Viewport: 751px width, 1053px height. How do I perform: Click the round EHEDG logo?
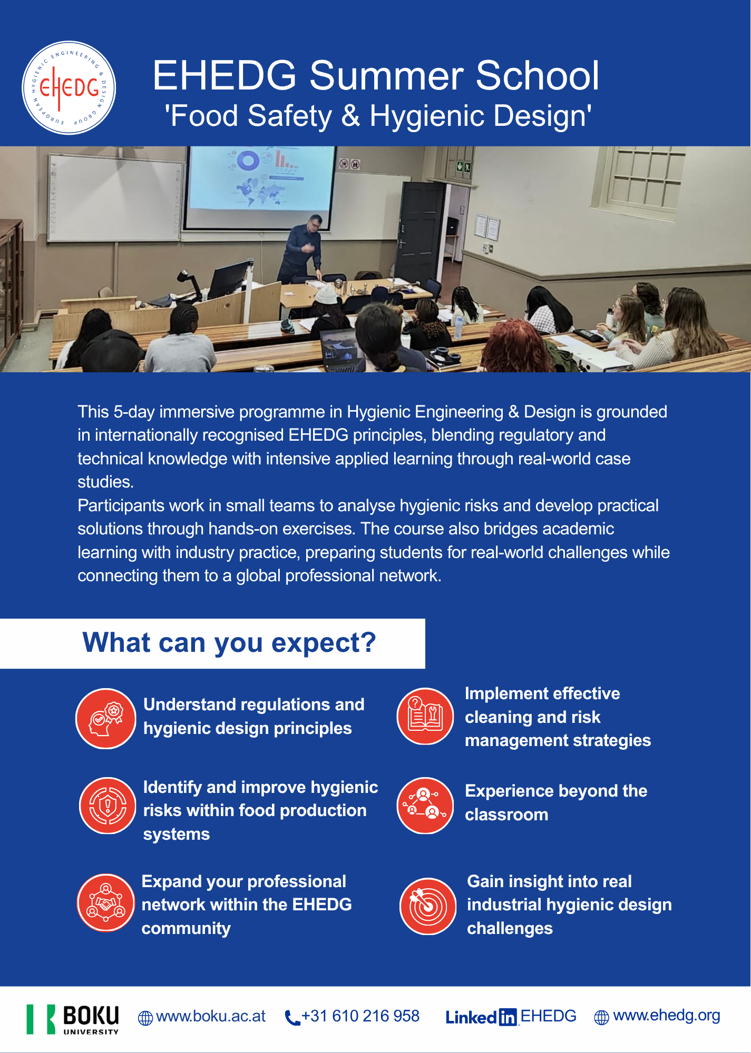pos(69,88)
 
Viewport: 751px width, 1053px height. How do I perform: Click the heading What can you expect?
pos(229,643)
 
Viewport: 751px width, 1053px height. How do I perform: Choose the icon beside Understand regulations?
pos(106,718)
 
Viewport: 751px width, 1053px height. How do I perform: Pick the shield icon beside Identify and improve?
pos(108,806)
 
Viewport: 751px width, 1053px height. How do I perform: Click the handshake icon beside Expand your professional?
pos(106,903)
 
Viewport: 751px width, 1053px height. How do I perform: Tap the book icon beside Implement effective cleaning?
pos(425,716)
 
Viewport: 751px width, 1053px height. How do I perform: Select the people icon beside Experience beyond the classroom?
pos(425,806)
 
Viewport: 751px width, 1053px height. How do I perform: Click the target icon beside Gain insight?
pos(428,906)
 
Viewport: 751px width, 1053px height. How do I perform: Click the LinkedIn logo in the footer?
pos(481,1017)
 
